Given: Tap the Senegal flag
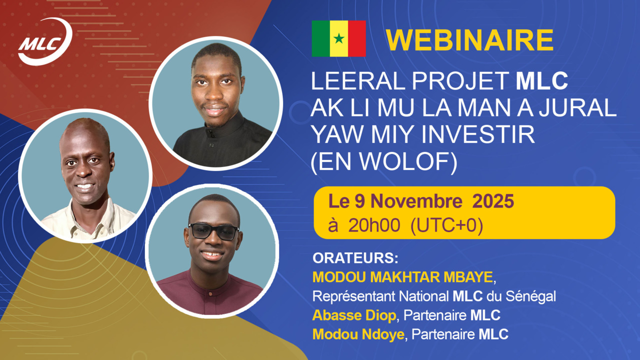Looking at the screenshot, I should coord(338,38).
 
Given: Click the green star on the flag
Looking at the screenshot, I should coord(339,38).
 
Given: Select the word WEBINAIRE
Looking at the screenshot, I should coord(469,40).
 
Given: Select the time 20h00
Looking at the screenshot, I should coord(374,225).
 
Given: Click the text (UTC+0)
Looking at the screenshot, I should coord(446,225).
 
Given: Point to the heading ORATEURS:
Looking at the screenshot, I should coord(355,259).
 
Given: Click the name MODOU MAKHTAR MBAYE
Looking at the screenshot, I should coord(403,277).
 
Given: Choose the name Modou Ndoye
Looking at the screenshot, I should coord(358,334).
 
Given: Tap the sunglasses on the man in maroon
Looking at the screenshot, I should coord(213,231).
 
